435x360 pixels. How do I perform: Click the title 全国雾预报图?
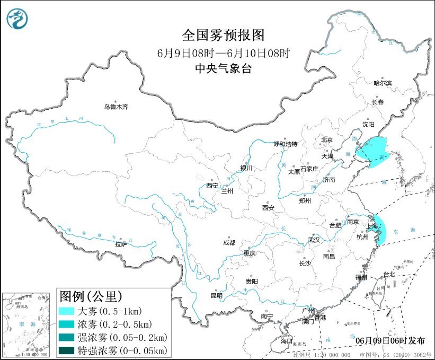223,36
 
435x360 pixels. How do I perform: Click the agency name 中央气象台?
223,68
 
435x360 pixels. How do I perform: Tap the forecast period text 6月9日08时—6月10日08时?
223,52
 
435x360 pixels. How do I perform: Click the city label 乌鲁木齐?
116,107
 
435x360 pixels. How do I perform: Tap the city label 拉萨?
121,244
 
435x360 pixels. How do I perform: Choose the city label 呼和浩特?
285,144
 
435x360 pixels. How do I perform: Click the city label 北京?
326,140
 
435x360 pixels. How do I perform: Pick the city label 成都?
229,243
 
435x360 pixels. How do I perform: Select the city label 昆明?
217,295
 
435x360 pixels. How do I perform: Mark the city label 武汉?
314,240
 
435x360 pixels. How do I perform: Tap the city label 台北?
389,274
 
